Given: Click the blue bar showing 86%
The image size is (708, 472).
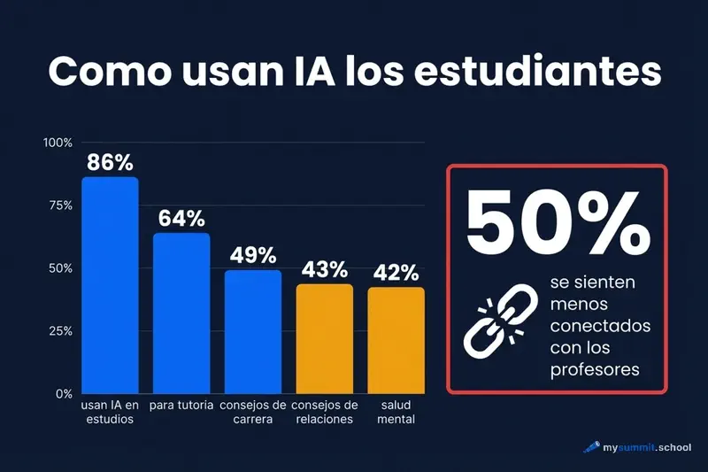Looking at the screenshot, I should (110, 285).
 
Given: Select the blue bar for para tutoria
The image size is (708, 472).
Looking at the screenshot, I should (181, 313).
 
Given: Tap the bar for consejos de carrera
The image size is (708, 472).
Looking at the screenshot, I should (253, 332).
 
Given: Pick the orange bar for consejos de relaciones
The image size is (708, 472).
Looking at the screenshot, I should (324, 339).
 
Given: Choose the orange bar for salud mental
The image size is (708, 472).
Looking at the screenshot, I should (396, 340).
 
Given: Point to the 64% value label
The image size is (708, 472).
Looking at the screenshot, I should (181, 218).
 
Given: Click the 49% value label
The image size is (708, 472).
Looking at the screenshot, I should (253, 255).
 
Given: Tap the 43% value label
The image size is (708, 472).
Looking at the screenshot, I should (324, 269).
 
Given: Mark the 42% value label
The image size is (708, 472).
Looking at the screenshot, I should (396, 272).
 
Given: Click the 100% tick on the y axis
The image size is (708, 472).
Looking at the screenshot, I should (57, 143).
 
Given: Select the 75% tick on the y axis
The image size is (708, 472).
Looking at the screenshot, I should (59, 205).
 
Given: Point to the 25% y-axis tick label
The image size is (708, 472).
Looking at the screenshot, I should (59, 331).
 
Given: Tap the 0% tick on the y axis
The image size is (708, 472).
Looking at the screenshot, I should (63, 393).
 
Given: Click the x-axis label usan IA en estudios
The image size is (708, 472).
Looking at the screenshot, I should (110, 413).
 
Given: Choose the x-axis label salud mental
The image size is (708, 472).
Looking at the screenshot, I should (396, 413).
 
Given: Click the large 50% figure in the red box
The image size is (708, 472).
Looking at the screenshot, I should (556, 221).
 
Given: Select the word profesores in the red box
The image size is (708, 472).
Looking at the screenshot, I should (594, 370).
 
